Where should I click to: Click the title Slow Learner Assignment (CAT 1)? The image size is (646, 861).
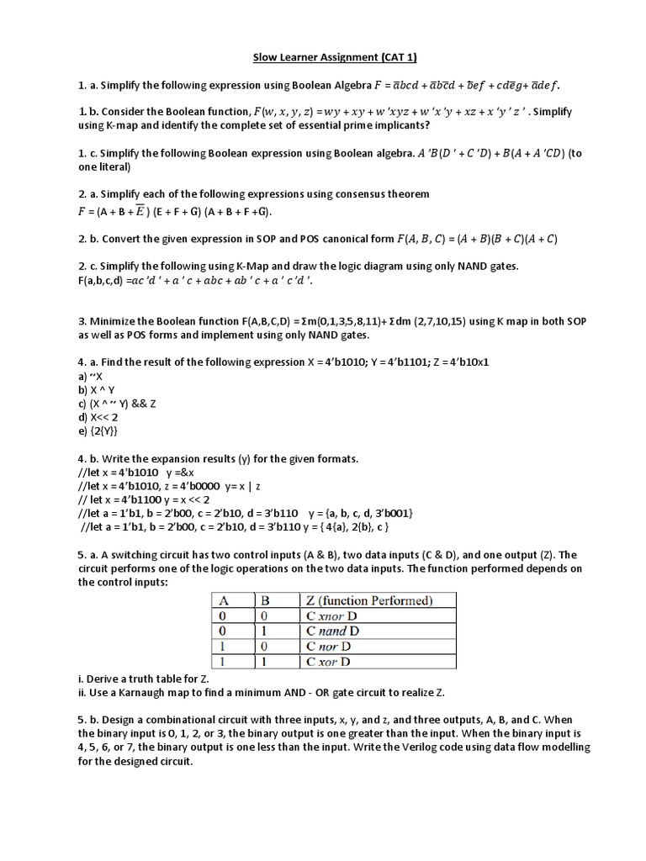[x=324, y=57]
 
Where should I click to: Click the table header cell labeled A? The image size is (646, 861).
[x=225, y=600]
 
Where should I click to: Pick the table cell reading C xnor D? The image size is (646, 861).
[x=333, y=615]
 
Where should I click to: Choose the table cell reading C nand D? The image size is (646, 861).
[x=332, y=631]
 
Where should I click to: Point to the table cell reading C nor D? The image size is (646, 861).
[x=328, y=646]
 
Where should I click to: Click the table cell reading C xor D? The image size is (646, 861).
[x=328, y=661]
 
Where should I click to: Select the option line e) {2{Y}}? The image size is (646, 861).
[x=97, y=431]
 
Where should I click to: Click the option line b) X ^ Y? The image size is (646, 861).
[x=96, y=390]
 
